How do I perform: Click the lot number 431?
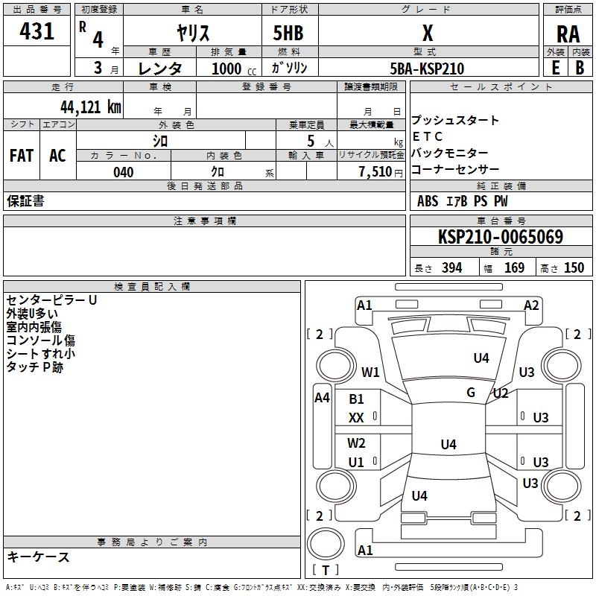[x=37, y=31]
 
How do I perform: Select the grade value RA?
[x=568, y=34]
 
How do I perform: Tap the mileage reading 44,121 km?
[x=91, y=107]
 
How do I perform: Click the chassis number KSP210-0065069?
[x=501, y=236]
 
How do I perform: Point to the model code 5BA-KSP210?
[x=427, y=69]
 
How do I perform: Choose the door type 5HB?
[x=288, y=33]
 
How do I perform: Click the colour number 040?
[x=124, y=172]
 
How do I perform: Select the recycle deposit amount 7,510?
[x=375, y=171]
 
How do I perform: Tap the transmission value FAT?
[x=22, y=156]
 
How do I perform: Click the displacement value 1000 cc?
[x=234, y=69]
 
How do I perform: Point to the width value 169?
[x=514, y=267]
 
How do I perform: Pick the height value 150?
[x=574, y=267]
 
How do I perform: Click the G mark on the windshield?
[x=471, y=393]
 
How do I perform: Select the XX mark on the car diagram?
[x=356, y=418]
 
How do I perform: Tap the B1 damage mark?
[x=356, y=399]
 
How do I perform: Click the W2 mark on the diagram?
[x=356, y=443]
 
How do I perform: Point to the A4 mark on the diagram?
[x=322, y=398]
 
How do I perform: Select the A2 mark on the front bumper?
[x=531, y=305]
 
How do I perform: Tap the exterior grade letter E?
[x=556, y=68]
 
